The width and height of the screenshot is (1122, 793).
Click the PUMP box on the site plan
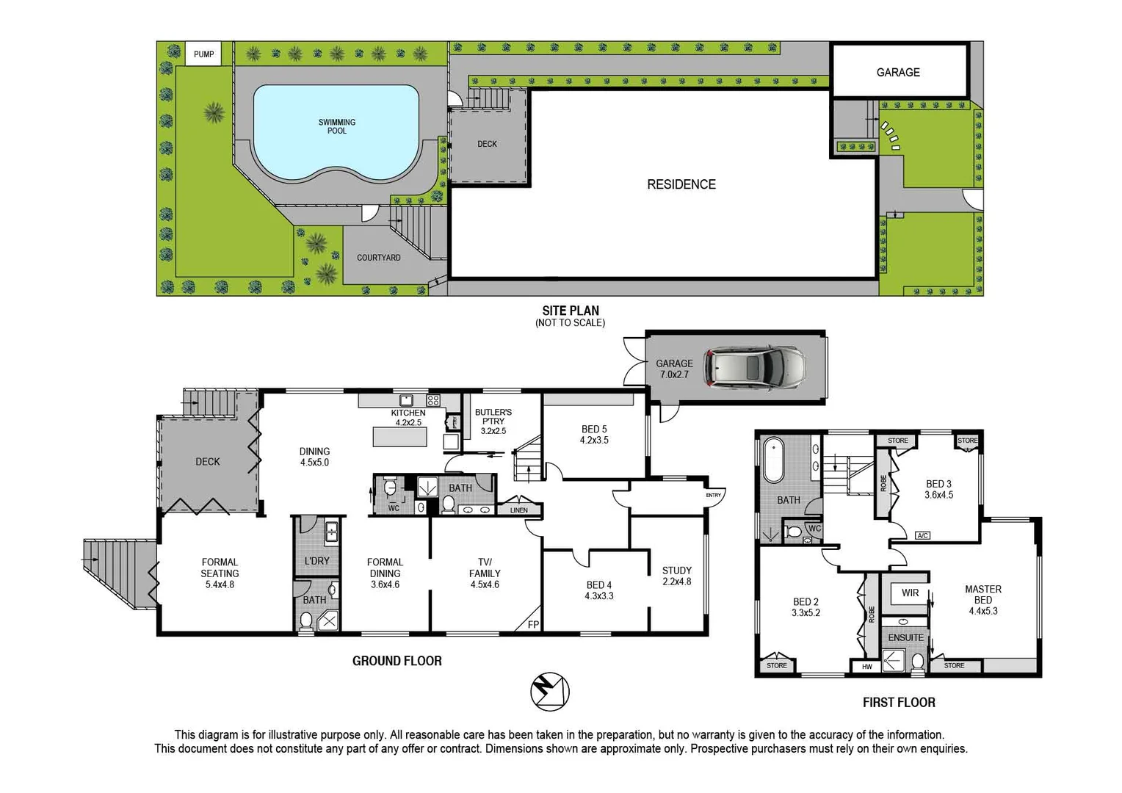pyautogui.click(x=203, y=54)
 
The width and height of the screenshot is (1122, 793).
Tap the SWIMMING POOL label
pyautogui.click(x=336, y=126)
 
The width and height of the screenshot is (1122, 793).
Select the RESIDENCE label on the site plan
pyautogui.click(x=681, y=184)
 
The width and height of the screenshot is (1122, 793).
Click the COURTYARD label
pyautogui.click(x=378, y=258)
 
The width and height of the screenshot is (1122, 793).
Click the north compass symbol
pyautogui.click(x=550, y=691)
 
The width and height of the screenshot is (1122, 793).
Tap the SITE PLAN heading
pyautogui.click(x=570, y=311)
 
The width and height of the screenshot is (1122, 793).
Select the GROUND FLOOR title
pyautogui.click(x=397, y=661)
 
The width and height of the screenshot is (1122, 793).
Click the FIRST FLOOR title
pyautogui.click(x=898, y=703)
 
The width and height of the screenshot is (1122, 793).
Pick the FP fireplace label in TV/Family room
pyautogui.click(x=533, y=625)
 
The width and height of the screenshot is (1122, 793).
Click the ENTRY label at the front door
pyautogui.click(x=713, y=495)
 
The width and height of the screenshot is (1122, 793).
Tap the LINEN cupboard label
pyautogui.click(x=518, y=510)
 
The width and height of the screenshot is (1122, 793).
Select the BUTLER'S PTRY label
pyautogui.click(x=493, y=417)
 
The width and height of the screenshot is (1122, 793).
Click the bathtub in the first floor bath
pyautogui.click(x=774, y=460)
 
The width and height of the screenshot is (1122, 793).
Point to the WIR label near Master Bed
pyautogui.click(x=910, y=593)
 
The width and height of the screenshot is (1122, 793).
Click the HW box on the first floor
pyautogui.click(x=867, y=667)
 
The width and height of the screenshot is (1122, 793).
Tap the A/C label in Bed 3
pyautogui.click(x=923, y=535)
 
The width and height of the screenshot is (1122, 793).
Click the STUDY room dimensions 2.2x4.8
pyautogui.click(x=676, y=582)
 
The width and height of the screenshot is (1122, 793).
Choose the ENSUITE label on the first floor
pyautogui.click(x=905, y=637)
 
